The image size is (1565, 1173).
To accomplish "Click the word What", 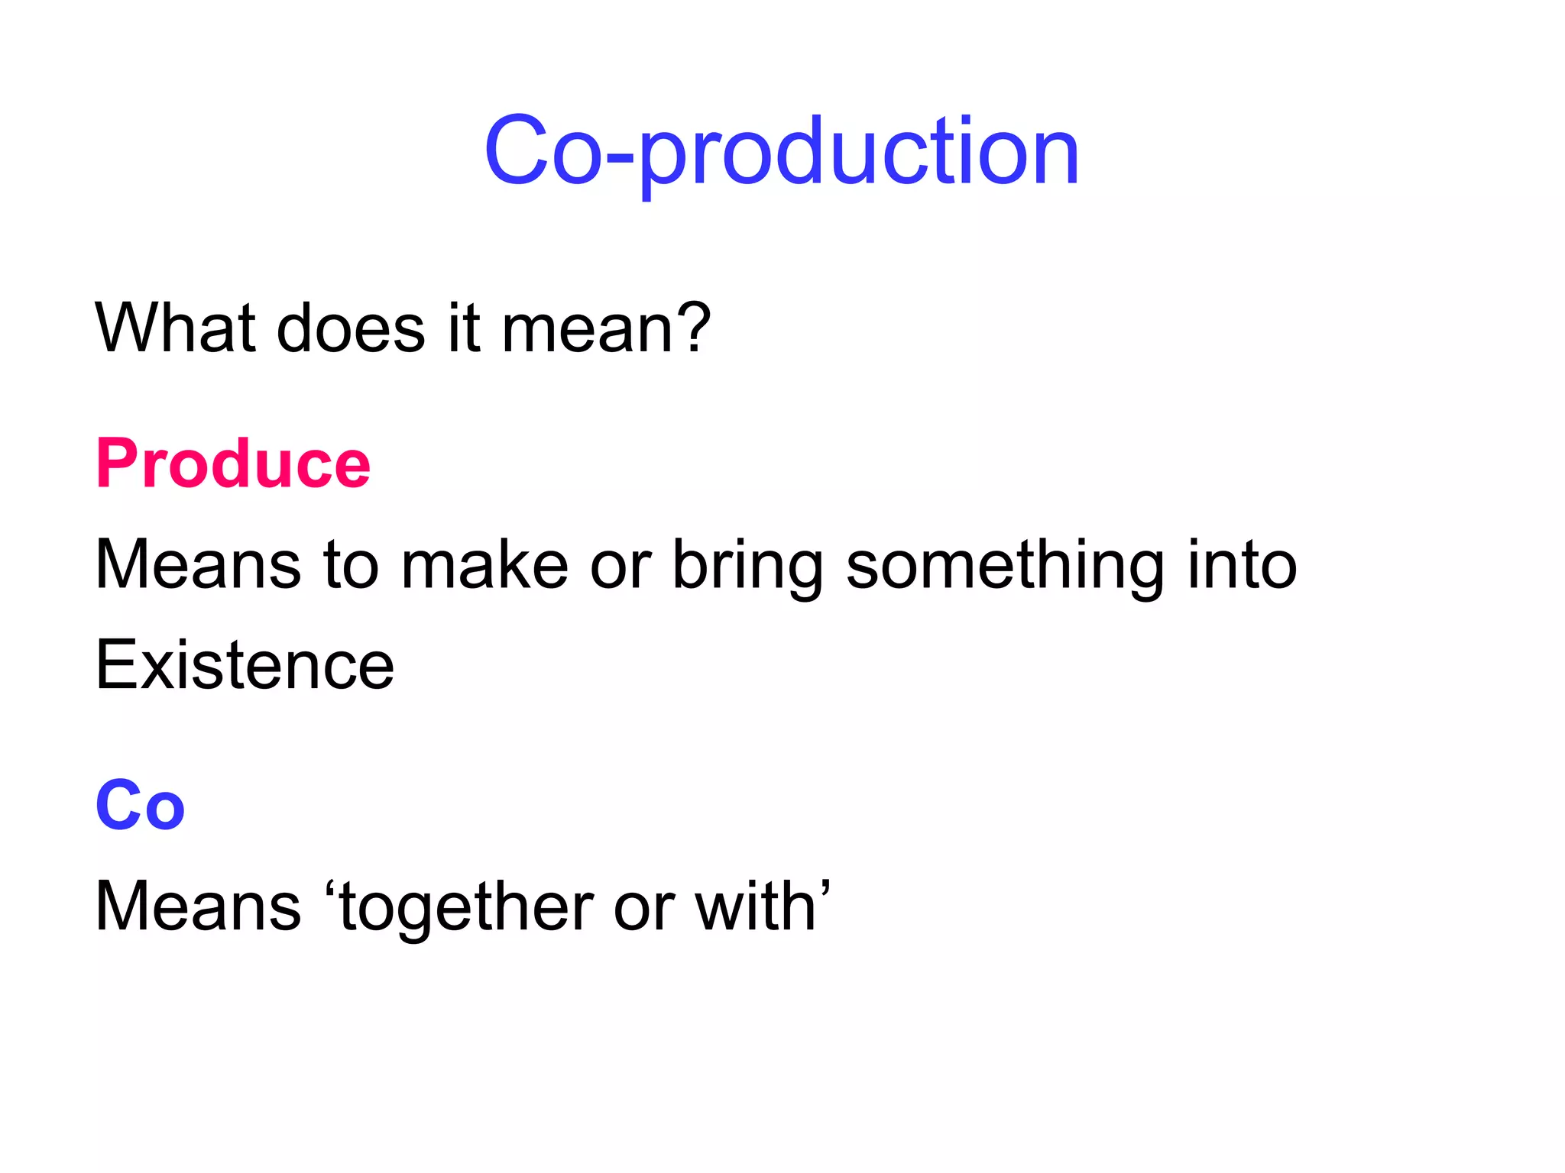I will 175,328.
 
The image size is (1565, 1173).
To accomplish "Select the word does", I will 351,328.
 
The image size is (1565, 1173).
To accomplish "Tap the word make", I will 484,565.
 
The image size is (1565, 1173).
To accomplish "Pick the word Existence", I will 245,665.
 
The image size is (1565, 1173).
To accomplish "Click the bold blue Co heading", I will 141,805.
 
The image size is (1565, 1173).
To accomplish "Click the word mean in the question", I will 587,329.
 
